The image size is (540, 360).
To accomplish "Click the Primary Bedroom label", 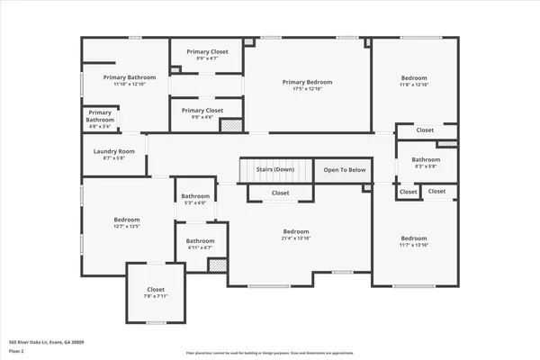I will click(308, 81).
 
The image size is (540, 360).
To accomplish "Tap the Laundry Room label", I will click(113, 151).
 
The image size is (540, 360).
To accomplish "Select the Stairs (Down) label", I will click(274, 169).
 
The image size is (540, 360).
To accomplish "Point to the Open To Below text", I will click(345, 169).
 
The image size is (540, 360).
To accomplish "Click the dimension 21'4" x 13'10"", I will click(295, 238).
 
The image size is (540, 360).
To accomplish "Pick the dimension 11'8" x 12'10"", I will click(415, 85).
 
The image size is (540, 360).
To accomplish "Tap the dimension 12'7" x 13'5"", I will click(127, 227).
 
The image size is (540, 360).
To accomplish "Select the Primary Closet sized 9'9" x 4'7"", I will click(207, 52).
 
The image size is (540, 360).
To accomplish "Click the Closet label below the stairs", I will click(280, 193).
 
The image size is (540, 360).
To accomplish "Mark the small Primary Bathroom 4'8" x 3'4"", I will click(100, 116).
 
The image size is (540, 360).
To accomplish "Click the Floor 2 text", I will click(15, 351).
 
